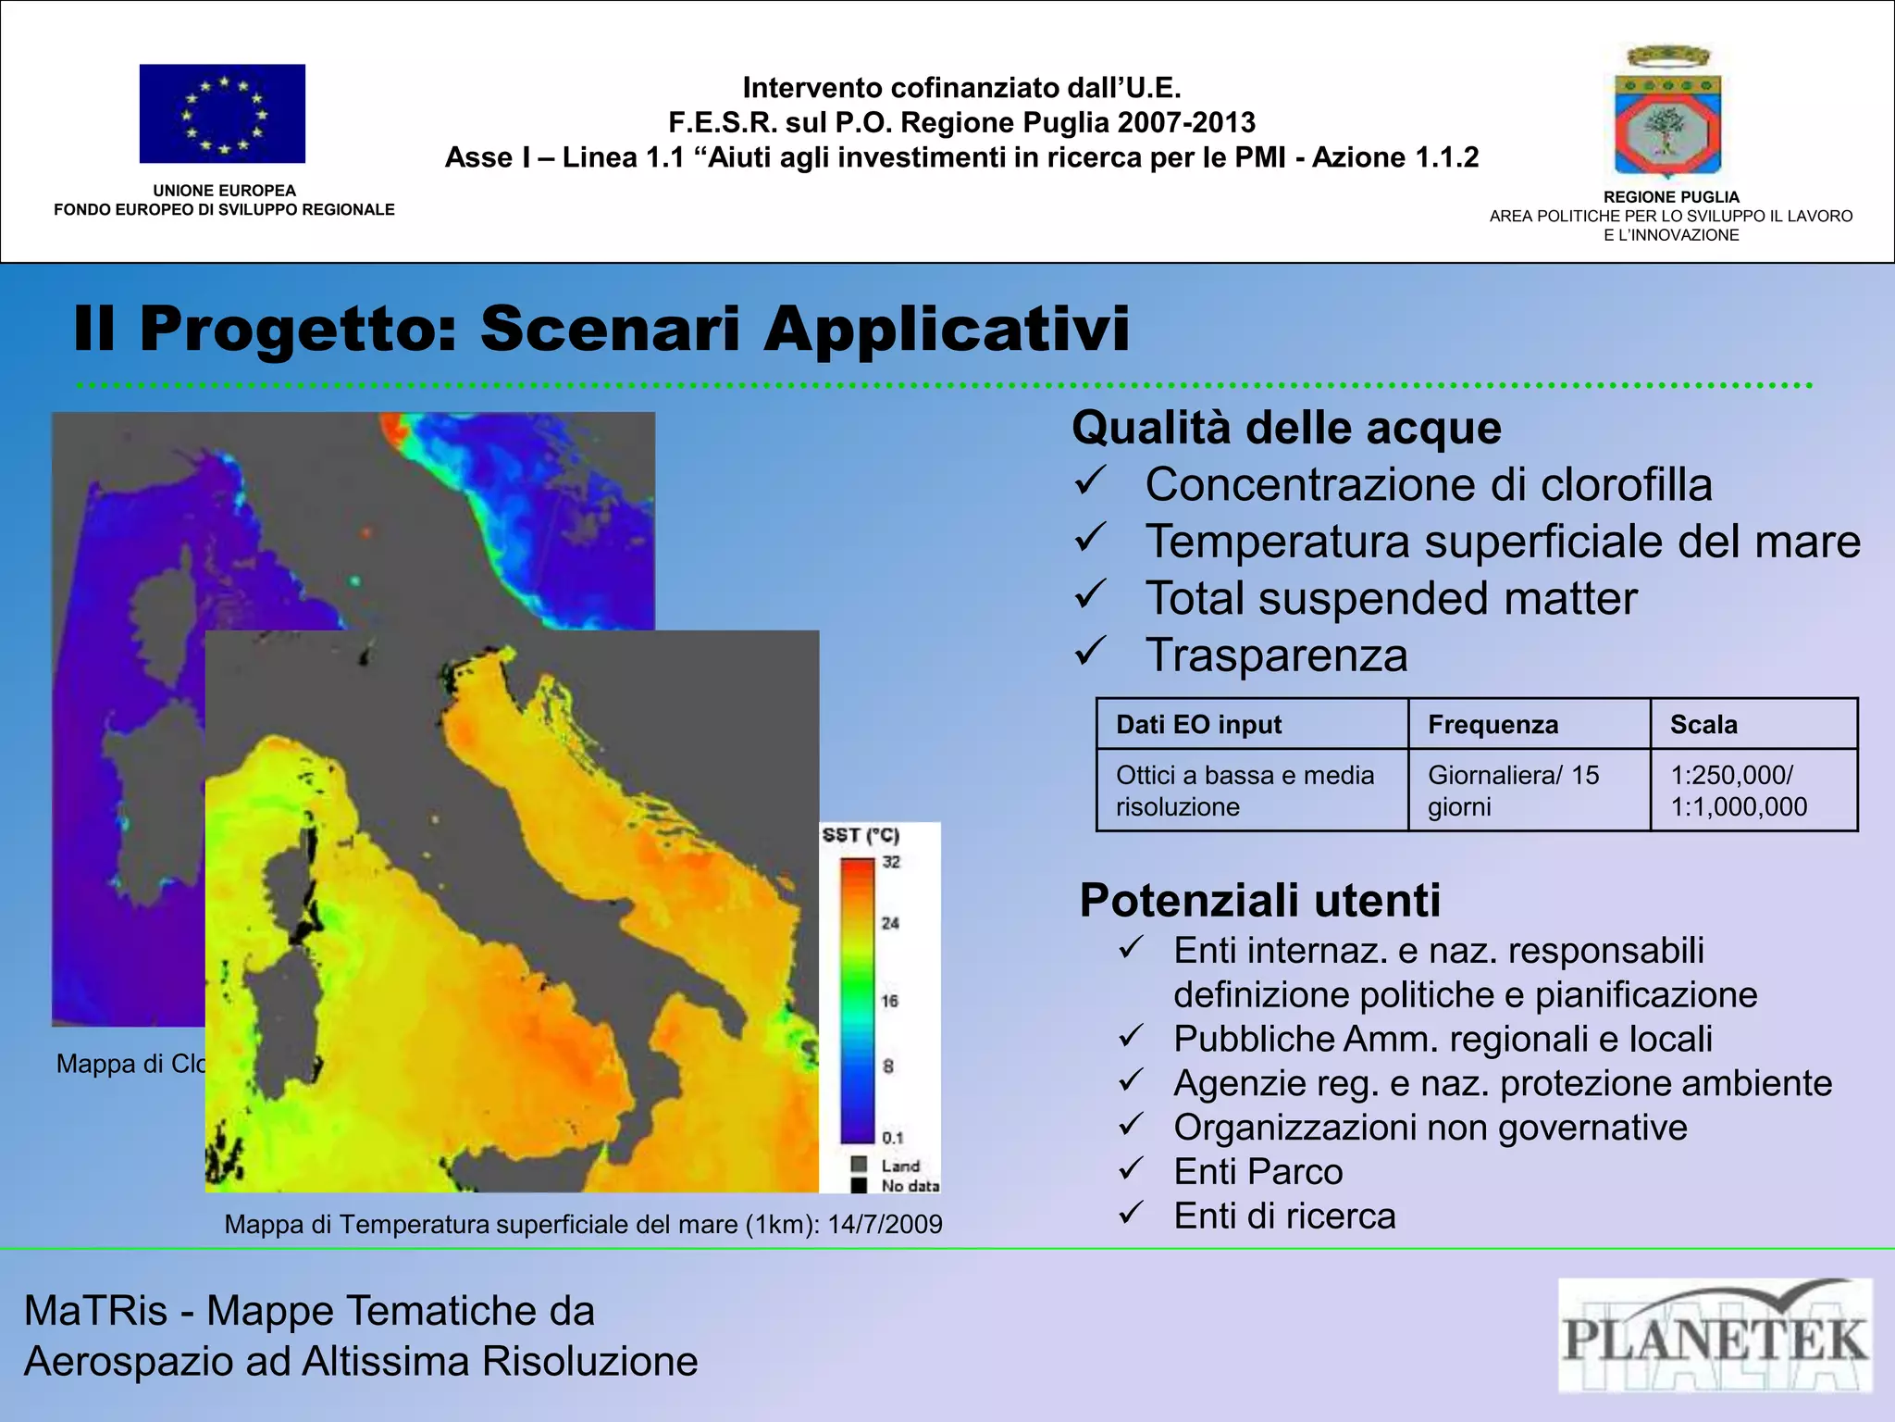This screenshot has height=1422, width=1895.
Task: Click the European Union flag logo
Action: click(x=222, y=114)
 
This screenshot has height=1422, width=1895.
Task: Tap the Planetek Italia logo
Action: click(x=1715, y=1335)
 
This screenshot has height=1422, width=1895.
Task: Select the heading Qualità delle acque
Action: click(x=1286, y=429)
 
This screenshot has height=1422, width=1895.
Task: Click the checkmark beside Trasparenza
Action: click(x=1092, y=652)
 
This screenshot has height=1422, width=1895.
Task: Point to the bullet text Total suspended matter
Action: click(x=1391, y=598)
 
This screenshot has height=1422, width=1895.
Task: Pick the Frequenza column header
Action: click(x=1492, y=725)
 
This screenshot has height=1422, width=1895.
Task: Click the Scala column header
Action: click(x=1703, y=725)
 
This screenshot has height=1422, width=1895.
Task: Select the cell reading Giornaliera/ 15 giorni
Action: click(x=1513, y=791)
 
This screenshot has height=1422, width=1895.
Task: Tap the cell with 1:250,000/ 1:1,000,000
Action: click(x=1738, y=791)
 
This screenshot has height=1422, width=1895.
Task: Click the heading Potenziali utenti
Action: click(x=1259, y=900)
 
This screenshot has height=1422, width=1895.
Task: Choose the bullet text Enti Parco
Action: click(x=1257, y=1172)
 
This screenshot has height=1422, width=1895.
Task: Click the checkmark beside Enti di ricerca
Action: click(x=1132, y=1213)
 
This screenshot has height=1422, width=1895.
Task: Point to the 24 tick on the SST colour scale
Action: click(x=890, y=923)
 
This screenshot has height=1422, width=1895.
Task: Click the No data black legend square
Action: click(x=860, y=1185)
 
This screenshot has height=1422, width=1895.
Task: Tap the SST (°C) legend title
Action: click(x=861, y=835)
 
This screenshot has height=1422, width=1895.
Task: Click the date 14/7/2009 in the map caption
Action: click(x=885, y=1225)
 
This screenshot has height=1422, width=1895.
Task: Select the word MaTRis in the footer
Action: click(x=95, y=1311)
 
